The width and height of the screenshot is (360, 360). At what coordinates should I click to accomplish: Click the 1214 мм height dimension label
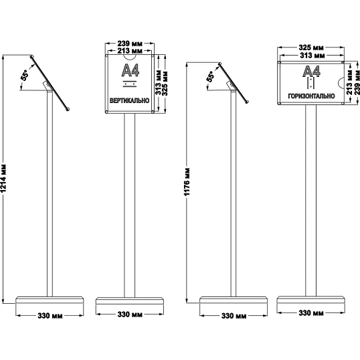(x=3, y=178)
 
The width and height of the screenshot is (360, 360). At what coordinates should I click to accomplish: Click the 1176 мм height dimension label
(x=187, y=182)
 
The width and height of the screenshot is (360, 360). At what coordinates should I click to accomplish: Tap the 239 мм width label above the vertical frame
(x=130, y=43)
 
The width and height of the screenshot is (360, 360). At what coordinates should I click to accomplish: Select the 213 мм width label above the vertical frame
(x=130, y=50)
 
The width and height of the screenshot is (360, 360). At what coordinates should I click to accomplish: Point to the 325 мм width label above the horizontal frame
(x=311, y=48)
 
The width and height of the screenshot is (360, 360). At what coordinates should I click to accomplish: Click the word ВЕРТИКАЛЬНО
(x=130, y=100)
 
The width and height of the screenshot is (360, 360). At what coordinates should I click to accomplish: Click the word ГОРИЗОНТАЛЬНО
(x=311, y=96)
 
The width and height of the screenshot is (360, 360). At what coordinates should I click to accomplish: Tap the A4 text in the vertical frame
(x=130, y=70)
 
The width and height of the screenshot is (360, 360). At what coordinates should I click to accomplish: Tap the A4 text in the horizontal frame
(x=311, y=72)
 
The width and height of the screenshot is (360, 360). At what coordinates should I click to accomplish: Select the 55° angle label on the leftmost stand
(x=25, y=75)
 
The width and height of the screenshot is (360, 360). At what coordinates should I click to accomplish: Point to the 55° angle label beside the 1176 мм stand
(x=211, y=76)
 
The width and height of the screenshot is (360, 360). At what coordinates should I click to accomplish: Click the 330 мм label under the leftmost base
(x=50, y=316)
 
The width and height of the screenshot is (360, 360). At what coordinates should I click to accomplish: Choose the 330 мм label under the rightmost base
(x=311, y=313)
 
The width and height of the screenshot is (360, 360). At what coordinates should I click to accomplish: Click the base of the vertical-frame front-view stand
(x=130, y=301)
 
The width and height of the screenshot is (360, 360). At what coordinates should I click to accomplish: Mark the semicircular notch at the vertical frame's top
(x=130, y=58)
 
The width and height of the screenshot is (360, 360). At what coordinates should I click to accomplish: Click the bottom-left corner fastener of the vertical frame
(x=106, y=112)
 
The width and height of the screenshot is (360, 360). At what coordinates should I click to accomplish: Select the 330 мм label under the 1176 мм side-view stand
(x=234, y=316)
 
